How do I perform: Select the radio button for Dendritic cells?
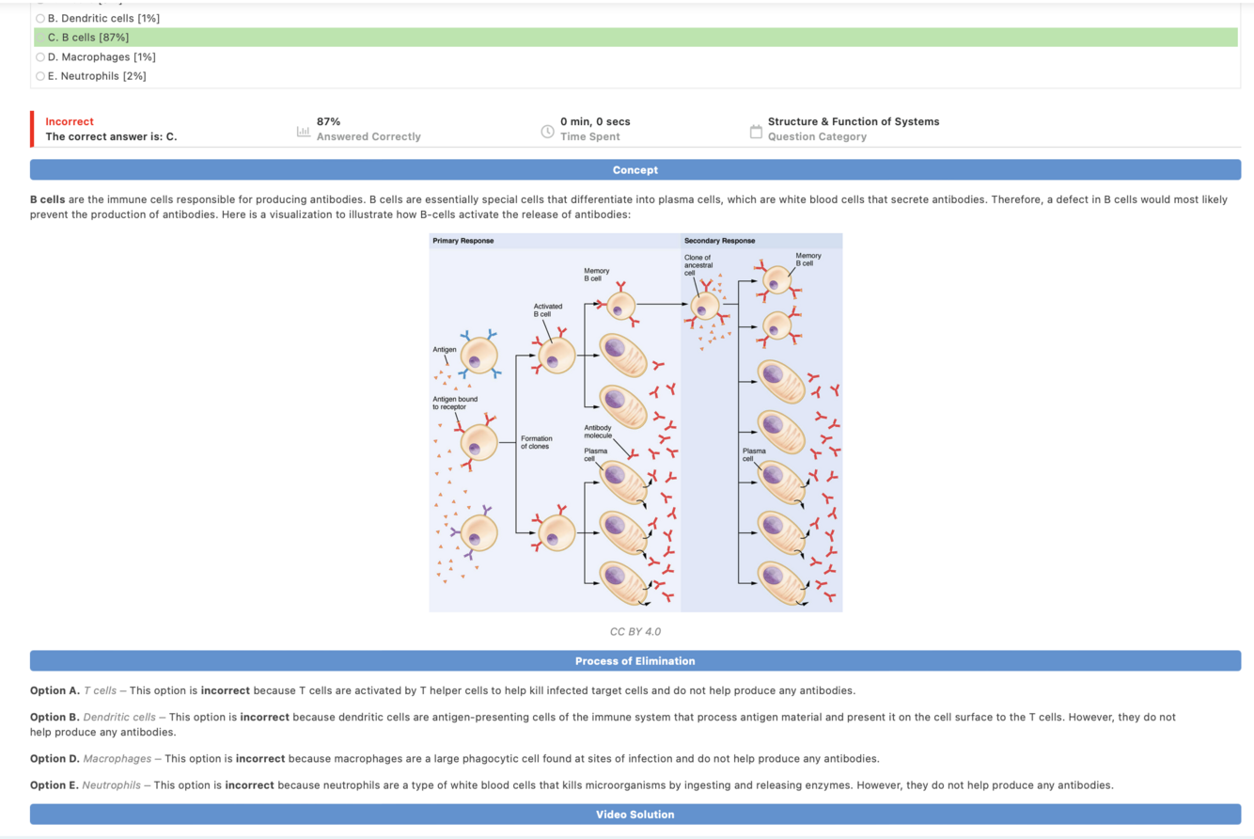click(x=39, y=19)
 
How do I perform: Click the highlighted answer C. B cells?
click(x=88, y=38)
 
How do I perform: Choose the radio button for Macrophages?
click(x=39, y=57)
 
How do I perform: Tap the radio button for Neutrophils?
click(x=39, y=76)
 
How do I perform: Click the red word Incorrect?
click(x=70, y=121)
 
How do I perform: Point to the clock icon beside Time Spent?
click(x=547, y=130)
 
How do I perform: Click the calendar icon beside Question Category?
click(x=755, y=130)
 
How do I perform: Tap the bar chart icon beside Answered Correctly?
click(x=303, y=130)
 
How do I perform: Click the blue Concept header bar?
click(x=635, y=170)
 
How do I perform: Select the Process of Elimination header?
click(x=635, y=661)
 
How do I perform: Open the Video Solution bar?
click(x=635, y=815)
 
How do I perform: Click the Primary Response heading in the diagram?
click(x=462, y=241)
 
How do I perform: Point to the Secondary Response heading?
click(x=719, y=241)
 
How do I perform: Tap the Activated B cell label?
click(x=547, y=310)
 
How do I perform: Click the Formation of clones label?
click(x=537, y=442)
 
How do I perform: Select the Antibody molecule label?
click(x=598, y=432)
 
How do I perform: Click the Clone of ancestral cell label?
click(x=698, y=264)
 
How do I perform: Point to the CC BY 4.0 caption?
click(x=635, y=631)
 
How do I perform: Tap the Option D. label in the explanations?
click(x=55, y=758)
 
